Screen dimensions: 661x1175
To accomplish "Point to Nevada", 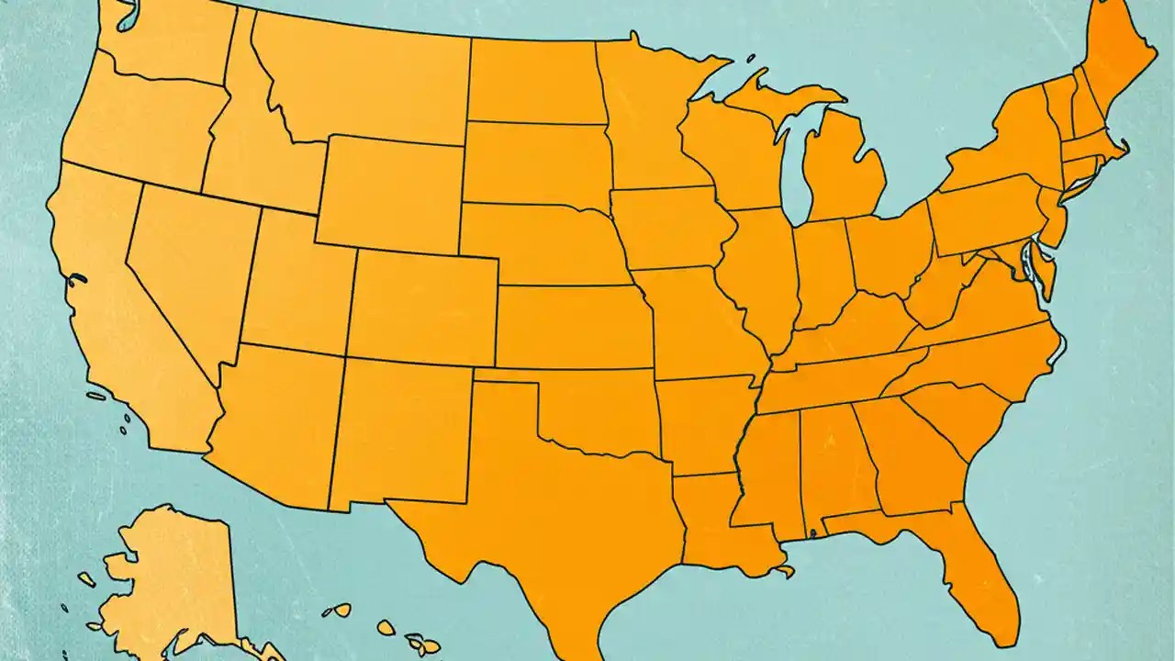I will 188,266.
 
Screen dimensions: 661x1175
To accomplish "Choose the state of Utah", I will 294,285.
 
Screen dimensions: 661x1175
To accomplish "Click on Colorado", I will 422,308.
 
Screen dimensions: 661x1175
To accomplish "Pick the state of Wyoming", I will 390,193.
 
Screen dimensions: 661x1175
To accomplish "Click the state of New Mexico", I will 404,431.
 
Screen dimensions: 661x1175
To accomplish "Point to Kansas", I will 574,326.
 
